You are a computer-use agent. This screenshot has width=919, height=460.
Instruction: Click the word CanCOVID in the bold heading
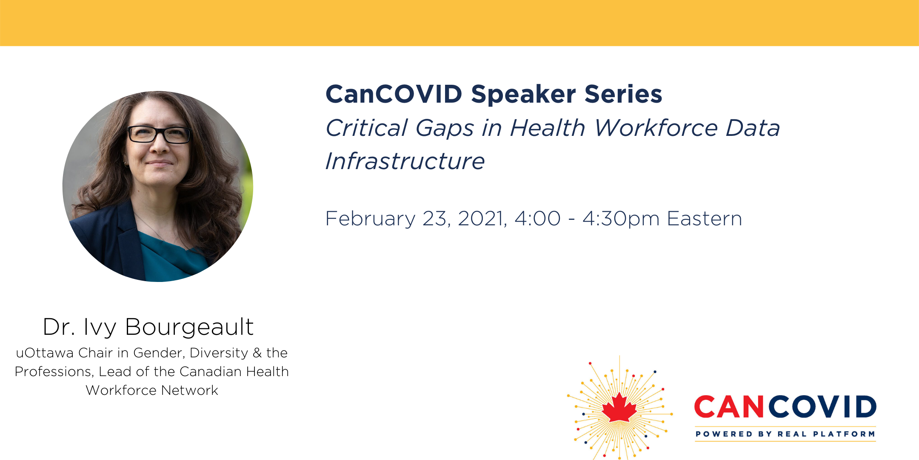394,94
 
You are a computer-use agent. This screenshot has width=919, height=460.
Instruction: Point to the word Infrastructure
405,161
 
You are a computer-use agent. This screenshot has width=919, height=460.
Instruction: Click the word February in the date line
370,219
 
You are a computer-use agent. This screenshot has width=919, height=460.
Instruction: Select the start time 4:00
537,218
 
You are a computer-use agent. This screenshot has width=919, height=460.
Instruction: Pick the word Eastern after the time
705,218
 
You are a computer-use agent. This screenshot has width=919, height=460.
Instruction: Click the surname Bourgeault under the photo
189,328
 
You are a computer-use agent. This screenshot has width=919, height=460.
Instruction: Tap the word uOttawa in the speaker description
45,353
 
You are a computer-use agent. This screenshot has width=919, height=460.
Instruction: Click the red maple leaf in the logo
619,407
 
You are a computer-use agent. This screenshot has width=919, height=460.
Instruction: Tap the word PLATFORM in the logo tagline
844,434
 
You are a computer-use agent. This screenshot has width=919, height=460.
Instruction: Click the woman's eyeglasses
159,135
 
